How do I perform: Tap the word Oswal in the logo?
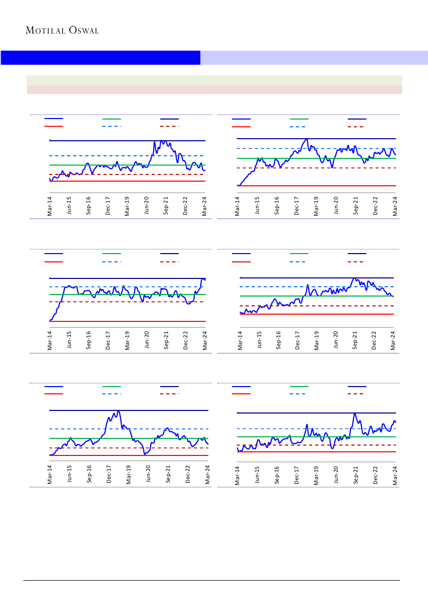click(x=82, y=31)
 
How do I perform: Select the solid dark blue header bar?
click(x=100, y=57)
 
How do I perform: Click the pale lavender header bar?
click(x=314, y=57)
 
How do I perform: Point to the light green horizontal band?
click(x=214, y=80)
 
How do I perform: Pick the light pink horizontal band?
click(x=214, y=90)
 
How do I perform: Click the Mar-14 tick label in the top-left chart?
click(x=50, y=206)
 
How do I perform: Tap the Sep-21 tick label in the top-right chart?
click(x=356, y=206)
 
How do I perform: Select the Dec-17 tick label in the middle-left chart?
click(x=108, y=340)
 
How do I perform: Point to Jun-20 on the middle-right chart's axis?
click(x=335, y=340)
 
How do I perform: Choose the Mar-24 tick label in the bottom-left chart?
click(x=208, y=474)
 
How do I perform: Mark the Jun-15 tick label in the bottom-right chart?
click(x=257, y=474)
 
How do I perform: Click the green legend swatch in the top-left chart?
click(x=111, y=119)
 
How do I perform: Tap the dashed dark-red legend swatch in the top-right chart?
click(x=356, y=126)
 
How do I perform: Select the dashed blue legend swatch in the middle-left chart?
click(x=111, y=261)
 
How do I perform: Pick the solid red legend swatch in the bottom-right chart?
click(x=241, y=394)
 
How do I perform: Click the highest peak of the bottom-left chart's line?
click(x=119, y=411)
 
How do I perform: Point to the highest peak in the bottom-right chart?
click(x=355, y=414)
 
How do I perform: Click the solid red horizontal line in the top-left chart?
click(x=127, y=181)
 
